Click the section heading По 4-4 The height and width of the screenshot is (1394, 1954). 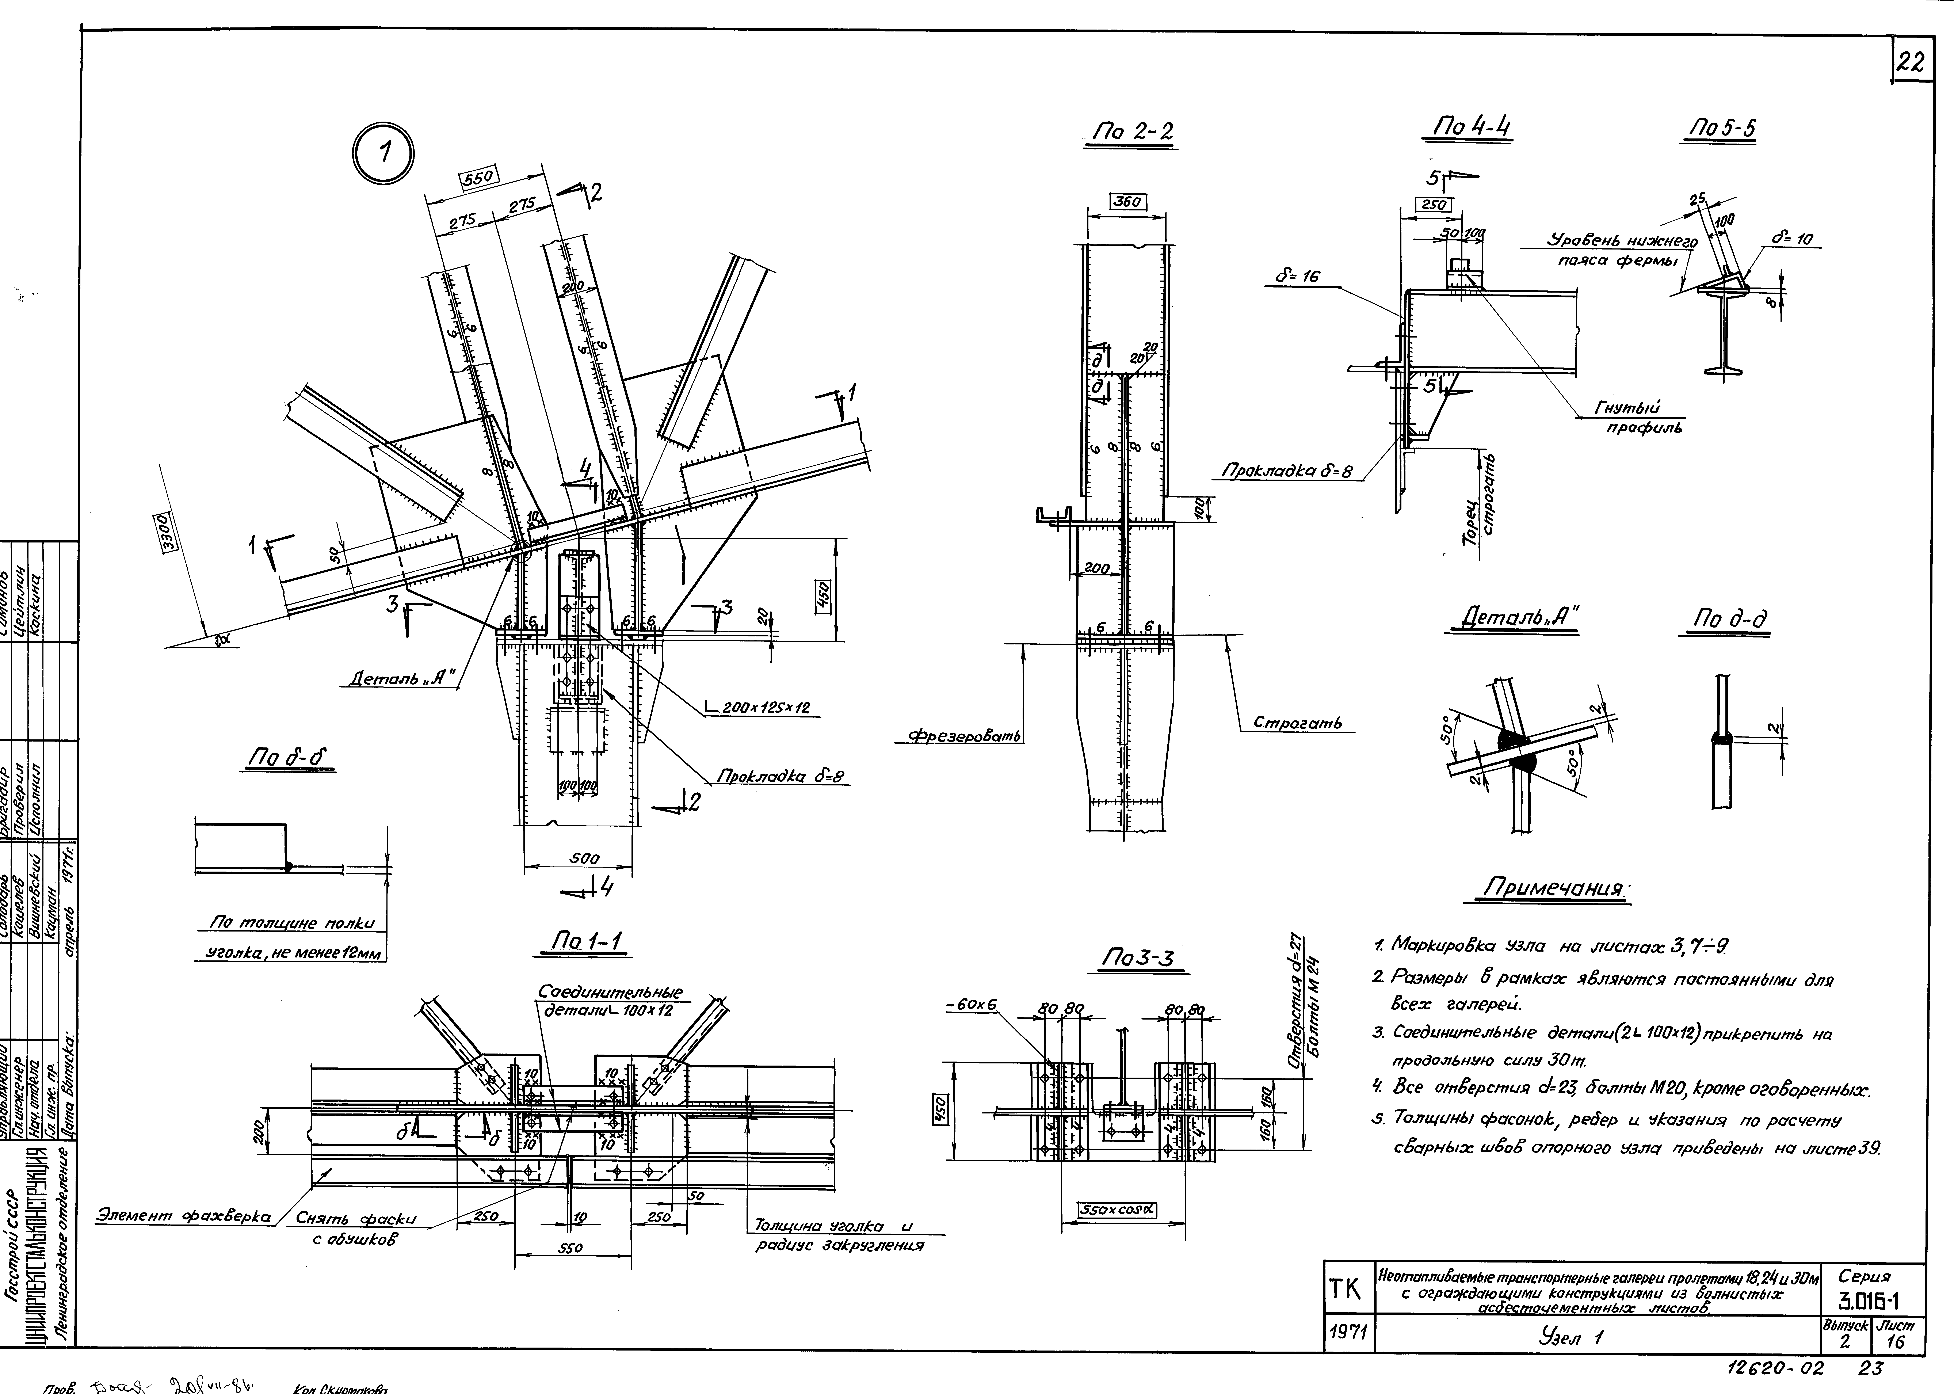1470,127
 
